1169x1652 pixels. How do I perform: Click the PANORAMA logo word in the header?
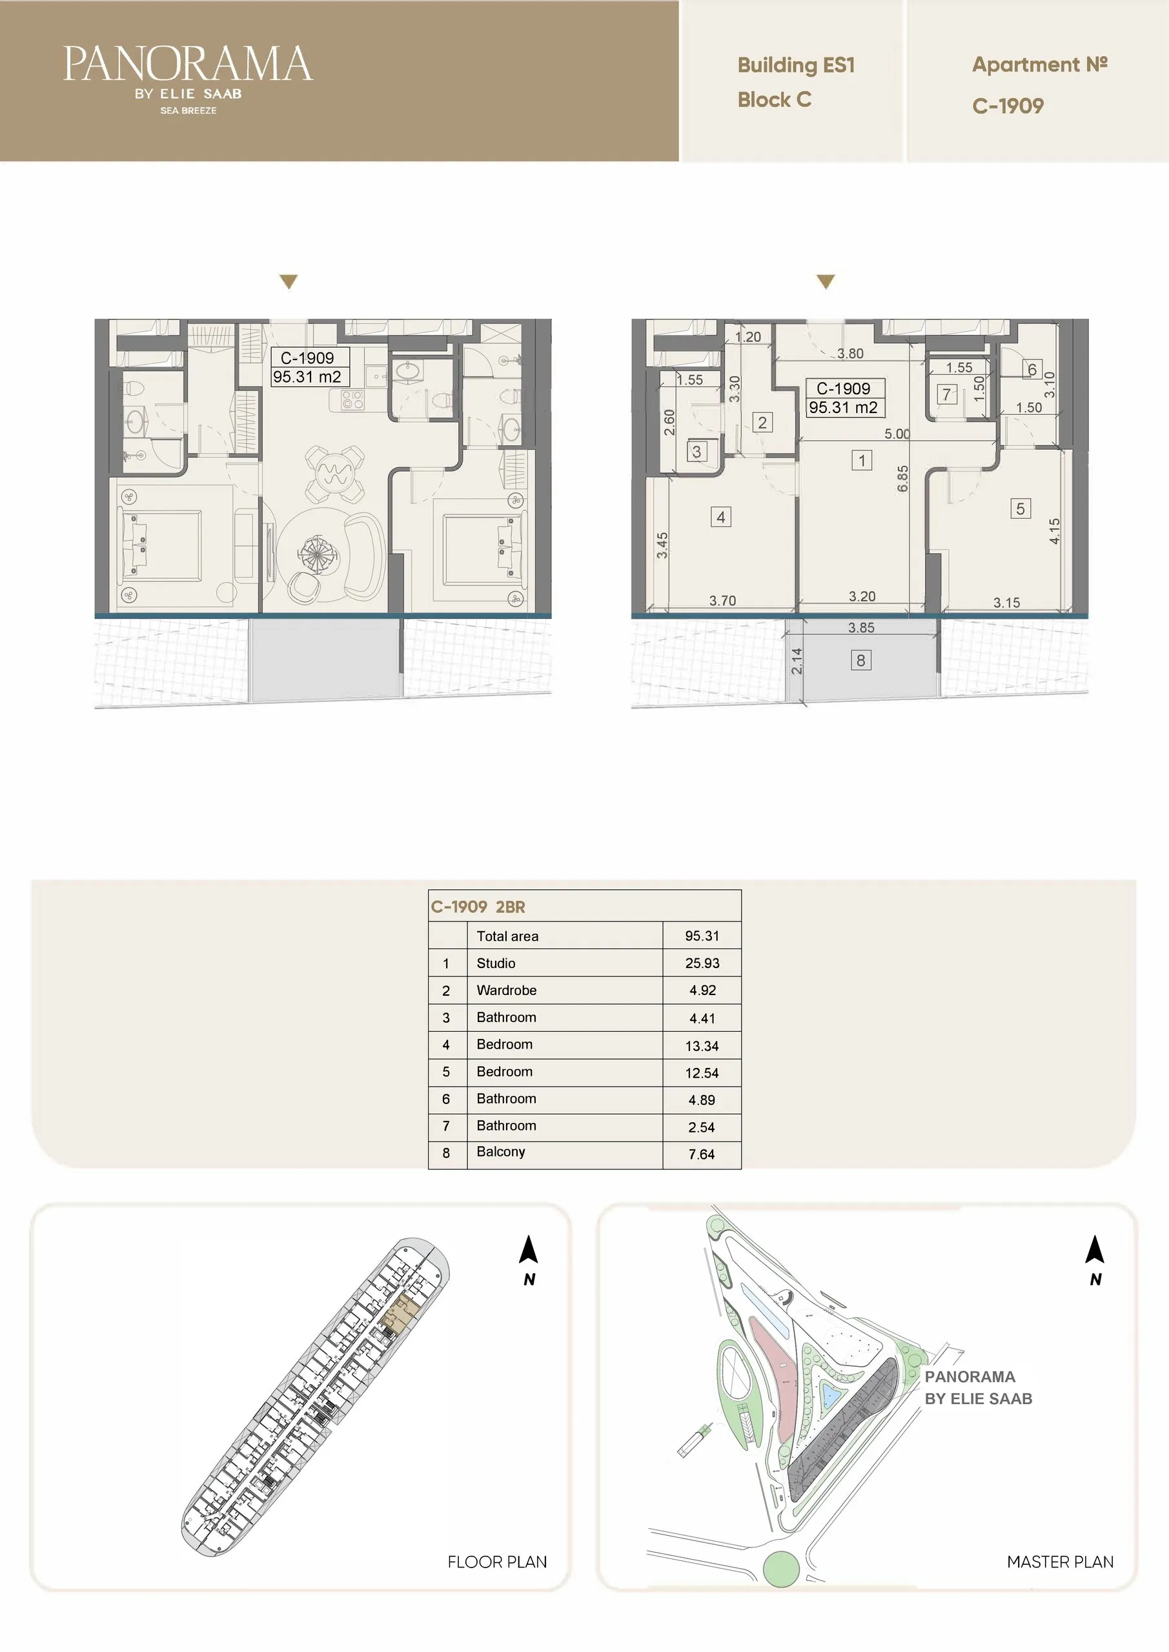(x=188, y=64)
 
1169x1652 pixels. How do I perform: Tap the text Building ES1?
(x=795, y=65)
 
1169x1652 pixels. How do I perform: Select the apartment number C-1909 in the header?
(x=1008, y=106)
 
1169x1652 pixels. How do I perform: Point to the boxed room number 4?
(x=720, y=517)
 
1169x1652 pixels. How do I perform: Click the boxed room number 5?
(x=1020, y=509)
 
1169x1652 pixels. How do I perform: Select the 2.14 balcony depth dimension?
(x=796, y=661)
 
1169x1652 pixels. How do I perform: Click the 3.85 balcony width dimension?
(x=861, y=628)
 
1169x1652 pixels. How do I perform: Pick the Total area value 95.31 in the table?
(x=702, y=936)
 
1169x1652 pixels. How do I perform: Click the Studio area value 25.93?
(x=702, y=963)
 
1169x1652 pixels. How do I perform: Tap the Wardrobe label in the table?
(x=506, y=990)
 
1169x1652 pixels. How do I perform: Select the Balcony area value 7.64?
(x=702, y=1154)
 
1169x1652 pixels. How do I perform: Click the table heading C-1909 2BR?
(x=478, y=907)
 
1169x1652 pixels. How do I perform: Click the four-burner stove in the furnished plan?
(x=352, y=399)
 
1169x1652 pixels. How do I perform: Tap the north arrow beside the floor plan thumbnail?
(x=529, y=1249)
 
